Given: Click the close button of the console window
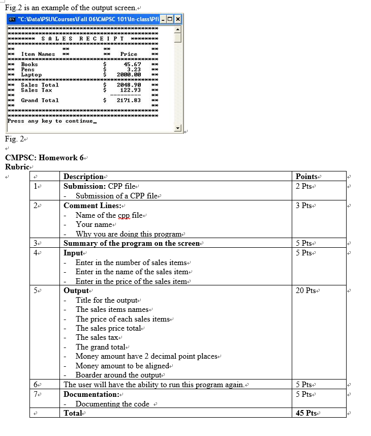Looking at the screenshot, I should [x=178, y=19].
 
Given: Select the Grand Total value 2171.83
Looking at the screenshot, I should [x=129, y=100].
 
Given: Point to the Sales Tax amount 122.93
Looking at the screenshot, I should [x=131, y=90].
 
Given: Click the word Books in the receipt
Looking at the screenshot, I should [x=29, y=65].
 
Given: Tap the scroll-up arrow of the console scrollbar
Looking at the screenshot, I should [x=178, y=28].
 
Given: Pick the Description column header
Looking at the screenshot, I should [x=83, y=177].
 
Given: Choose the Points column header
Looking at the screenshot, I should [x=306, y=177].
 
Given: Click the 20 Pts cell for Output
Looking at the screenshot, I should [x=306, y=290].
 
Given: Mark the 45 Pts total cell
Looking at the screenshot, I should [x=307, y=413].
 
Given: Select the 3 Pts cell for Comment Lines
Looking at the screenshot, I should [x=304, y=206].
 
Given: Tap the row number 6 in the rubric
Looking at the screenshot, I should [x=36, y=385].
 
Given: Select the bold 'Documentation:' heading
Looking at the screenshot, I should [x=91, y=394].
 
